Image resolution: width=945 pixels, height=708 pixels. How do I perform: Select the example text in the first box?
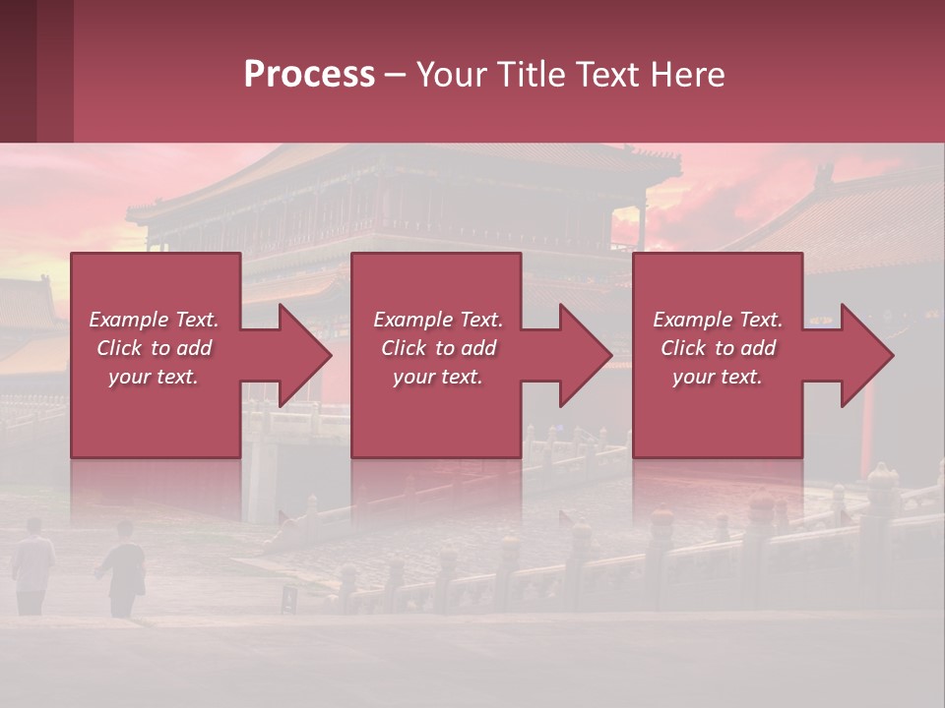tap(155, 348)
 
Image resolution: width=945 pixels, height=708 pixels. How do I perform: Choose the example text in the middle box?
tap(438, 348)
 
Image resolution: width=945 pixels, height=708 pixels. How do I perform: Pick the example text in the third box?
tap(718, 348)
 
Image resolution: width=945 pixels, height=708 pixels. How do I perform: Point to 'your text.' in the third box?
tap(718, 377)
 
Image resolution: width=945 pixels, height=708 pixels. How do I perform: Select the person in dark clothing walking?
tap(123, 570)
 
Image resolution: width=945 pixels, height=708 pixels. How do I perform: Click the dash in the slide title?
tap(395, 76)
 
